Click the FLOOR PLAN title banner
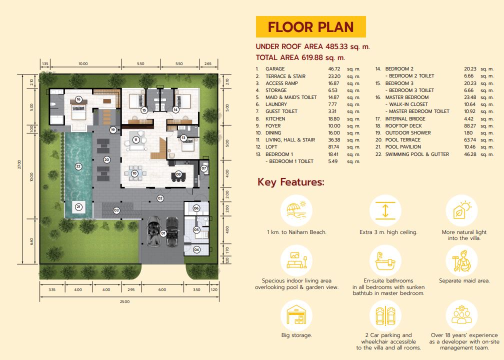tap(311, 26)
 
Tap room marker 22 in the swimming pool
tap(78, 166)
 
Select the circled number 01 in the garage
tap(163, 233)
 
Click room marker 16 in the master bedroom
tap(78, 99)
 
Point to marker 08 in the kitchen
tap(178, 174)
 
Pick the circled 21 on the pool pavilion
tap(78, 206)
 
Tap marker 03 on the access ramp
tap(116, 210)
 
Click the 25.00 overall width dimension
tap(124, 301)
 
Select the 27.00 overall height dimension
tap(19, 164)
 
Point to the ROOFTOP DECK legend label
tap(403, 125)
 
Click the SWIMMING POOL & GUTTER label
tap(417, 154)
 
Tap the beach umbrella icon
tap(296, 210)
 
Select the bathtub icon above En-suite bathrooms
tap(385, 260)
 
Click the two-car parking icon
tap(385, 315)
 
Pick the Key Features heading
tap(291, 182)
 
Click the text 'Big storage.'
tap(296, 335)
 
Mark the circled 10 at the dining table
tap(134, 173)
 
